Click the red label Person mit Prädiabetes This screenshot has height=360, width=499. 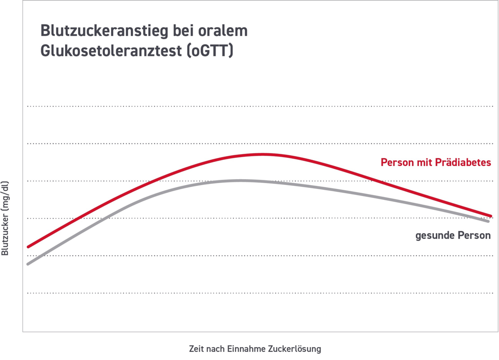(x=435, y=163)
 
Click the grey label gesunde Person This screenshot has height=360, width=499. (x=453, y=236)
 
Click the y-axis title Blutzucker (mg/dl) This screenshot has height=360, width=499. (x=5, y=218)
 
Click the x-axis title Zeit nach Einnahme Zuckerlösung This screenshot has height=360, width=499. (x=255, y=349)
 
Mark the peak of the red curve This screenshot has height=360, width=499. (x=262, y=154)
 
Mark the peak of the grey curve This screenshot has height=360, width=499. (x=240, y=181)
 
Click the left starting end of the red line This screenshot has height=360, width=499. (x=29, y=247)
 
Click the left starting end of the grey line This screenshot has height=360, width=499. (x=28, y=263)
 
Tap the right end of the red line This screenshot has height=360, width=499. (x=490, y=216)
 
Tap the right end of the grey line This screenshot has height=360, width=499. (x=488, y=221)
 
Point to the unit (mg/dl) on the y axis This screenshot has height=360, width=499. (x=5, y=194)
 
